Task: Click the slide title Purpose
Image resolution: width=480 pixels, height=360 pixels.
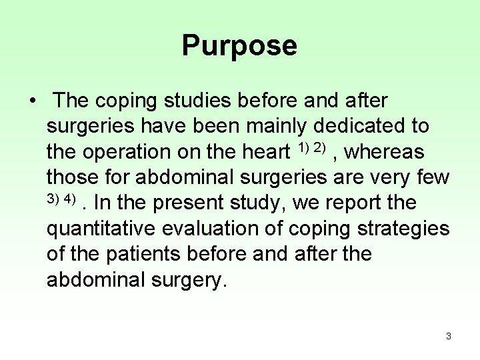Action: coord(239,46)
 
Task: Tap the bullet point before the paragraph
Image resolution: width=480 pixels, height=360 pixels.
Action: coord(33,101)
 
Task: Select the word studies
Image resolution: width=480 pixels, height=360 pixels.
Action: coord(186,101)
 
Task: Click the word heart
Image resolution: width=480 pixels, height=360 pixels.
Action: coord(261,152)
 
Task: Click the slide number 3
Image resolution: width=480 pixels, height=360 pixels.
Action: coord(449,336)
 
